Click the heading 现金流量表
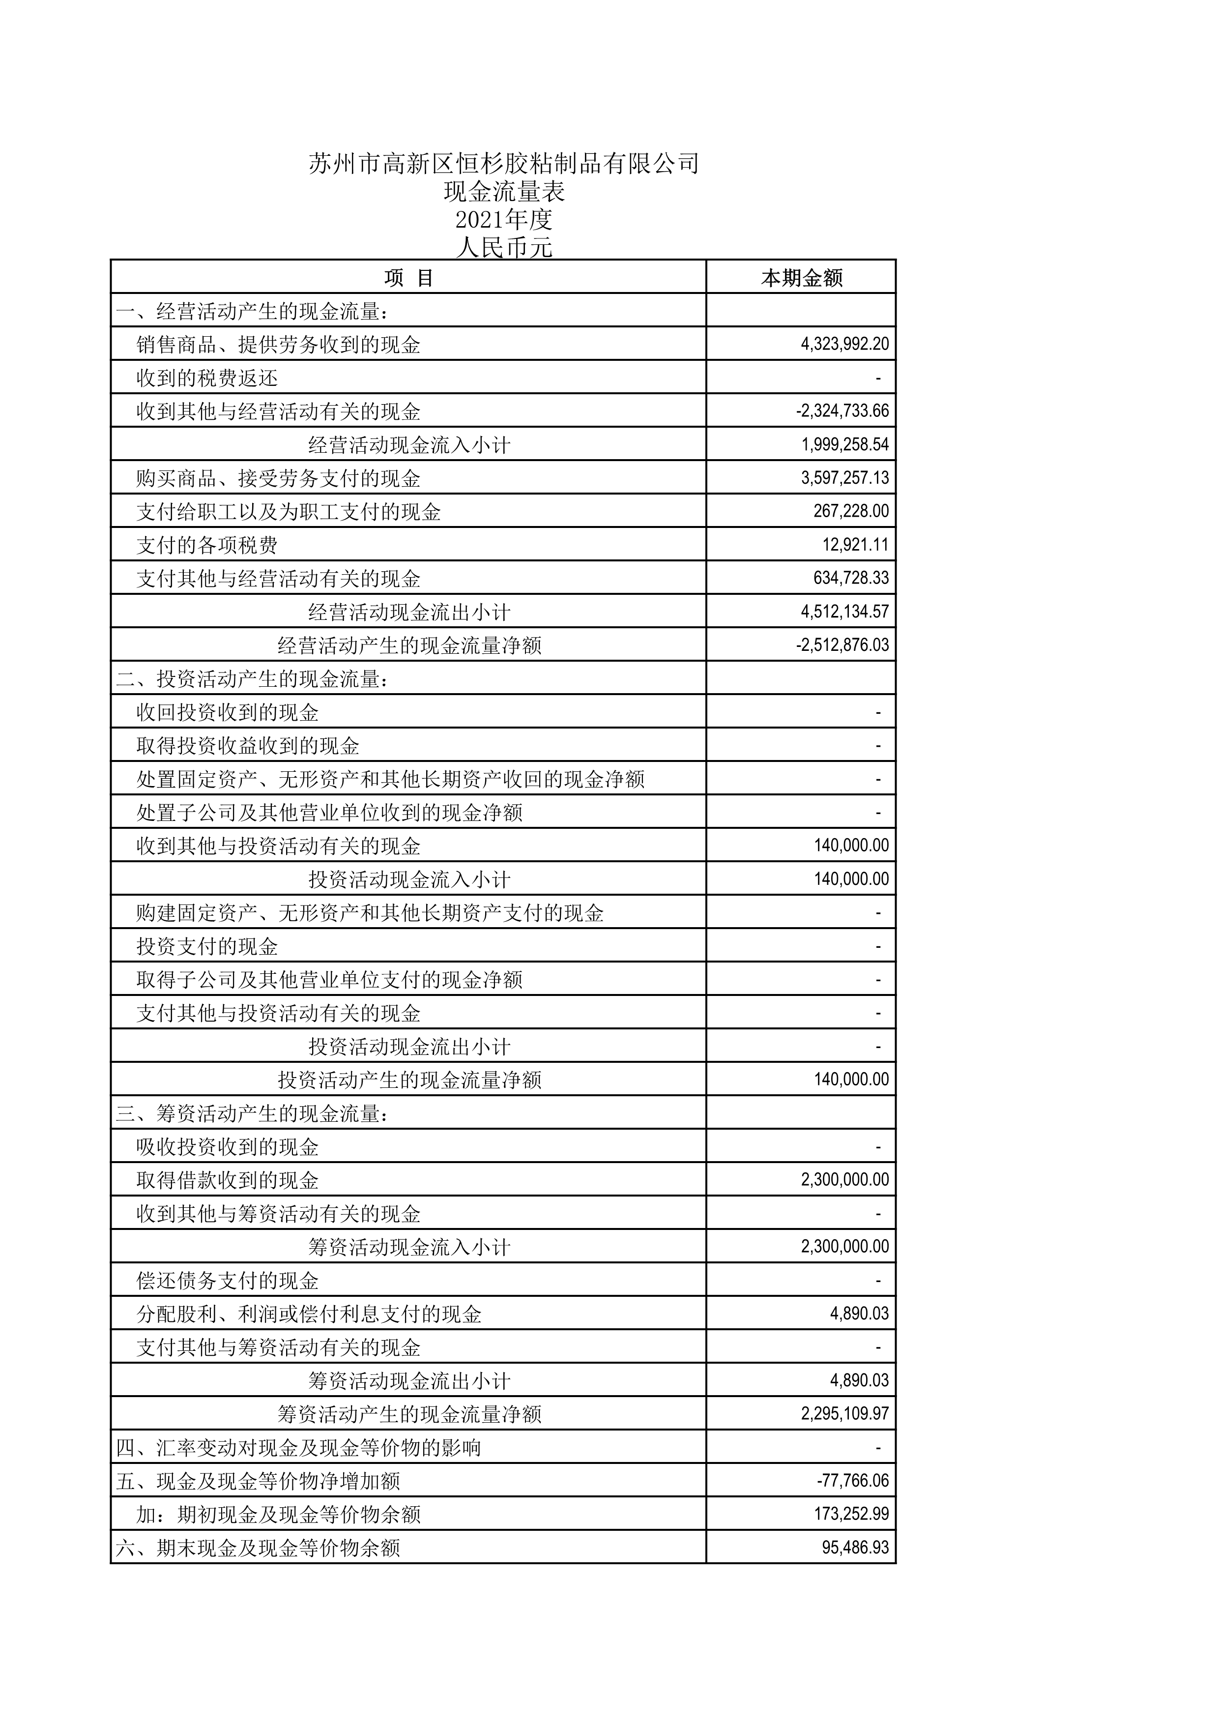coord(504,192)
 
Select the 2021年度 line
coord(504,220)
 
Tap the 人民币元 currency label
coord(504,247)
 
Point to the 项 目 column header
coord(408,278)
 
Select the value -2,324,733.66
coord(842,411)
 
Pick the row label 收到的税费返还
coord(207,378)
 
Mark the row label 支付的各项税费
coord(207,545)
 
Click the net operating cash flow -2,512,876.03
coord(842,645)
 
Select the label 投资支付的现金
coord(207,946)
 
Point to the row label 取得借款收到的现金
coord(228,1180)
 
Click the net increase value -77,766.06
coord(853,1481)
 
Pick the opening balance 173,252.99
coord(851,1514)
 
